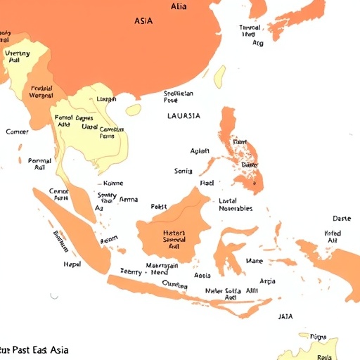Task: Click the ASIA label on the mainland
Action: point(143,21)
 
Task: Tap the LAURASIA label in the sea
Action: point(184,115)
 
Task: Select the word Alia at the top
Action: point(179,6)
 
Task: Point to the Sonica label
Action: point(183,171)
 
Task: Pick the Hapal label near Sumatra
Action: point(72,264)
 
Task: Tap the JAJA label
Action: point(285,316)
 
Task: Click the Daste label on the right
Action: point(341,219)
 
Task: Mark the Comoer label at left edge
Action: point(17,131)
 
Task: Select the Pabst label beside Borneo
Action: point(159,207)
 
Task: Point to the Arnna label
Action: point(129,199)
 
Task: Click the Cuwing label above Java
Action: point(174,284)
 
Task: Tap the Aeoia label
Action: point(202,276)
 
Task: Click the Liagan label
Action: point(105,99)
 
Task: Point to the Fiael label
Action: point(207,182)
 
